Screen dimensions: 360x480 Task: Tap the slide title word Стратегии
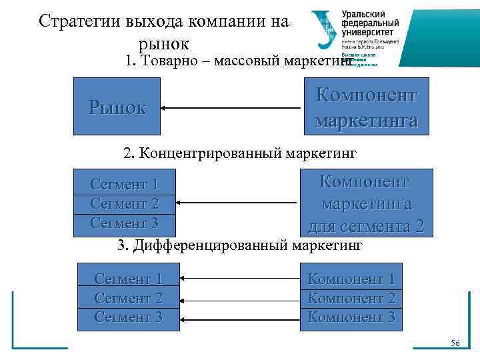pyautogui.click(x=79, y=21)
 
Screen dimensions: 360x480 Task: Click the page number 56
pyautogui.click(x=455, y=342)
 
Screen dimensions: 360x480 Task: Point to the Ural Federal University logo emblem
pyautogui.click(x=325, y=31)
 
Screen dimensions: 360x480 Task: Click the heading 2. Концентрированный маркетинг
pyautogui.click(x=240, y=154)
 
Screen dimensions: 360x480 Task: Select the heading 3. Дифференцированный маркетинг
pyautogui.click(x=240, y=245)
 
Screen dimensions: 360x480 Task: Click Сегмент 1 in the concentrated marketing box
pyautogui.click(x=124, y=183)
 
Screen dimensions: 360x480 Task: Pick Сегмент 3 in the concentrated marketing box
pyautogui.click(x=124, y=222)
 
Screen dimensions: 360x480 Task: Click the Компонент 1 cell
pyautogui.click(x=351, y=279)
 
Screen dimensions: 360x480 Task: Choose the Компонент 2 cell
pyautogui.click(x=351, y=298)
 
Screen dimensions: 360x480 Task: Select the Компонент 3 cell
pyautogui.click(x=351, y=317)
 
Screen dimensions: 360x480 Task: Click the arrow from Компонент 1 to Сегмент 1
pyautogui.click(x=240, y=279)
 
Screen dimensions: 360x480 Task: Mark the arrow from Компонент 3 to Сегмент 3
pyautogui.click(x=240, y=317)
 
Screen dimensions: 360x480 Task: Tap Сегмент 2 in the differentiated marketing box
pyautogui.click(x=129, y=298)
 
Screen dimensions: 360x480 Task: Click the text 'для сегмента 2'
pyautogui.click(x=366, y=226)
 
